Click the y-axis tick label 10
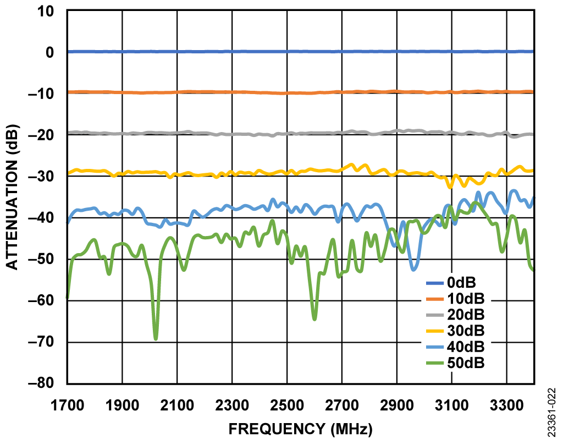[46, 10]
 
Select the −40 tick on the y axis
[42, 218]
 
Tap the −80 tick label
[42, 383]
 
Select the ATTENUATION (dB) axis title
[12, 197]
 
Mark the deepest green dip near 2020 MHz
[156, 338]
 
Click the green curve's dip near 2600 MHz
[314, 319]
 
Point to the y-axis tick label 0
[49, 52]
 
